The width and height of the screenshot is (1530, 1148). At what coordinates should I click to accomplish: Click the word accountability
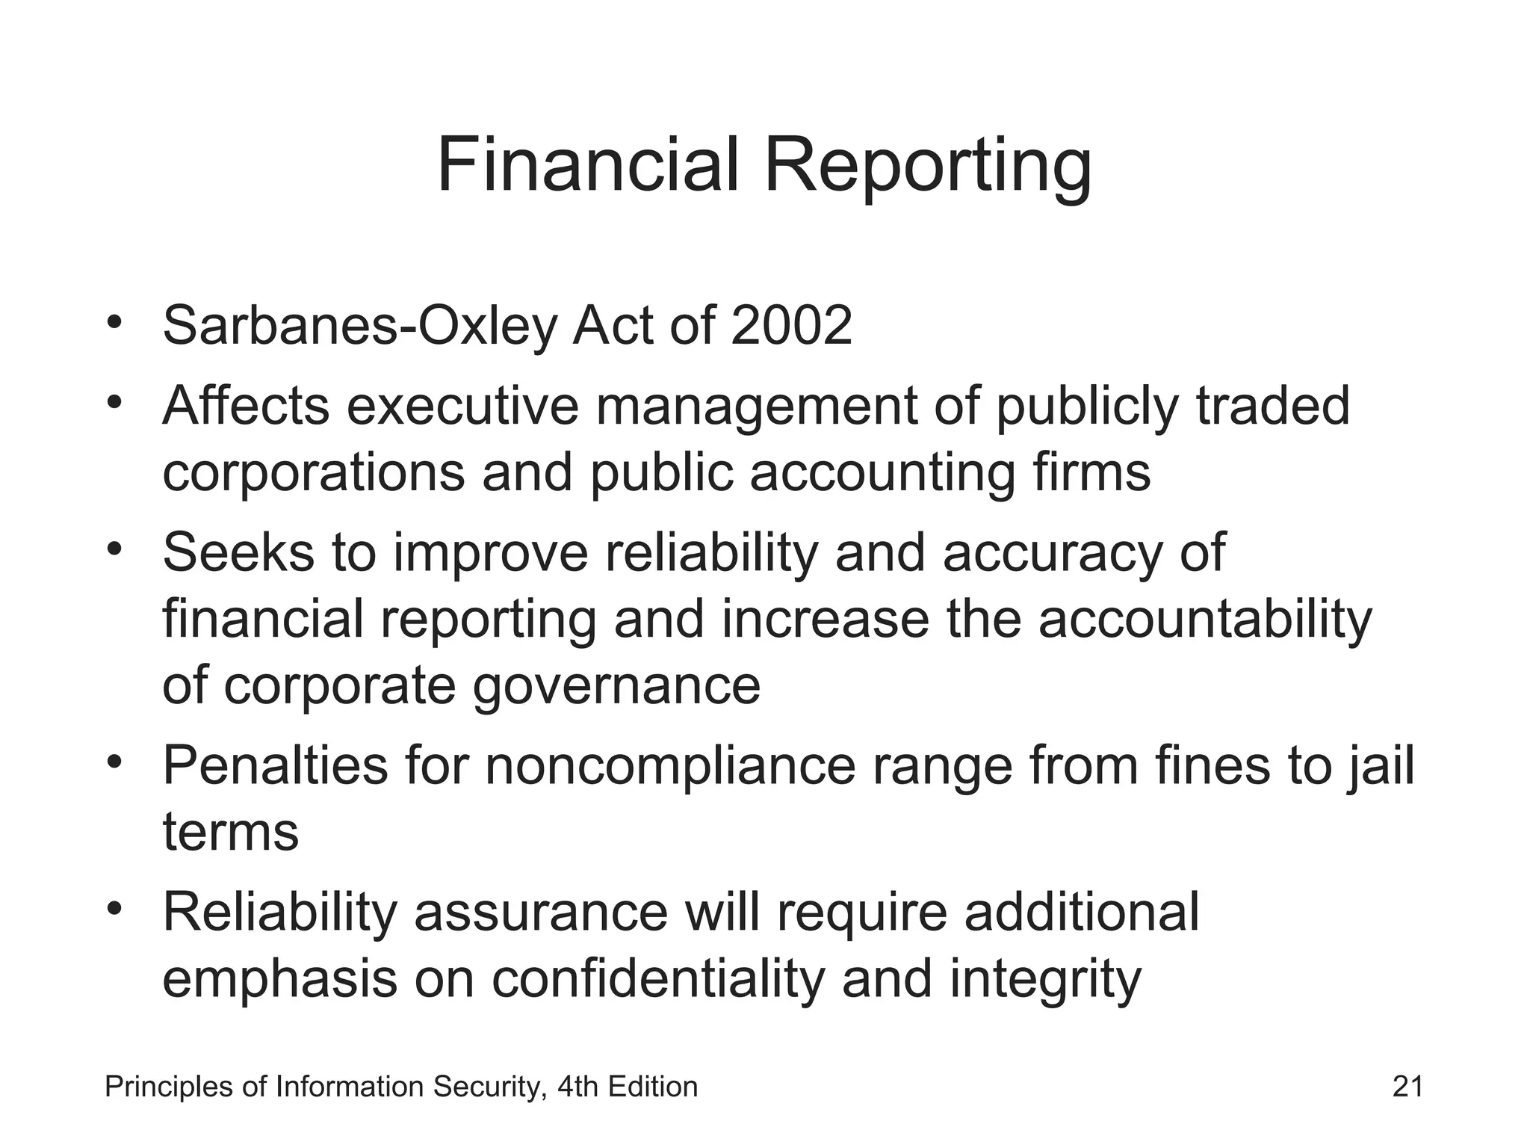pos(1205,619)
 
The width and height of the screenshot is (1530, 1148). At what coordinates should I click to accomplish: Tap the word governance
pos(616,686)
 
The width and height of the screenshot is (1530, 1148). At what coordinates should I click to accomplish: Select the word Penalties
pos(275,765)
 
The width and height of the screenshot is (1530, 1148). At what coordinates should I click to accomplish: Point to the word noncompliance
pos(670,765)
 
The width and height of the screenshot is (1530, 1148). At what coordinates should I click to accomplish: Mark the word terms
pos(230,833)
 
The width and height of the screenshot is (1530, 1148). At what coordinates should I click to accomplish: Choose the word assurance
pos(540,912)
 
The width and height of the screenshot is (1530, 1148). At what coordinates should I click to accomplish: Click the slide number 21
pos(1407,1086)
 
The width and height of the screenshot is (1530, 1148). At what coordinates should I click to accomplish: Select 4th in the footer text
pos(578,1086)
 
